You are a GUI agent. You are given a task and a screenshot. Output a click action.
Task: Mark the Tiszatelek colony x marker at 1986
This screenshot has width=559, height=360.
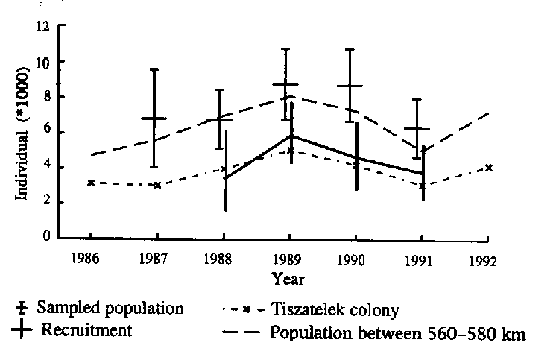(91, 183)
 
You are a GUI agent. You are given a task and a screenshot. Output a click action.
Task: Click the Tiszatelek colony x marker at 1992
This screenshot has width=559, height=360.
(488, 168)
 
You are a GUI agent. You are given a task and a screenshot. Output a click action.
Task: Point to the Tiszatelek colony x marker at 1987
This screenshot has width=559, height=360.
(157, 185)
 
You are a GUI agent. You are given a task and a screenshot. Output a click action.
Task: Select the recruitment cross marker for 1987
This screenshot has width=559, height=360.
(154, 119)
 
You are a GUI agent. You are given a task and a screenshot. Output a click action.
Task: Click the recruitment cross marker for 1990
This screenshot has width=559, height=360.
(350, 86)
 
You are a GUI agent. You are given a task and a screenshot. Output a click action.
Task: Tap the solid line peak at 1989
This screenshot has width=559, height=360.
(291, 136)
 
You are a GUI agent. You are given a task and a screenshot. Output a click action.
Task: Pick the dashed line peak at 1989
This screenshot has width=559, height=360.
(291, 96)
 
